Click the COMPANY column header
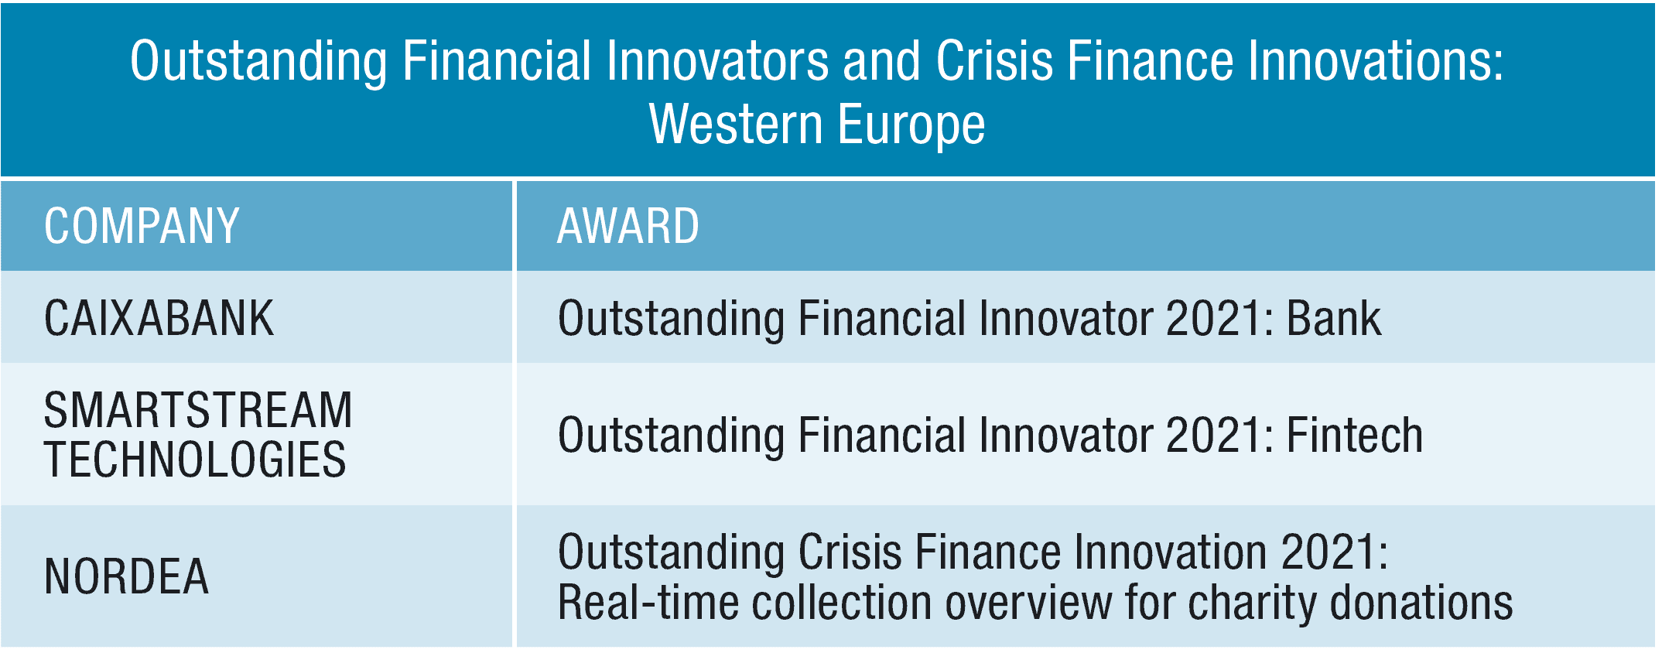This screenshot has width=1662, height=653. pyautogui.click(x=142, y=226)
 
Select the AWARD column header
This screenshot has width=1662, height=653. pyautogui.click(x=628, y=226)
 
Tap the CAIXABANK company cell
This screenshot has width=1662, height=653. pyautogui.click(x=159, y=318)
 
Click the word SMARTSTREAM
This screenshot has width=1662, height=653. pyautogui.click(x=198, y=410)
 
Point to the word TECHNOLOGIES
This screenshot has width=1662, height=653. pyautogui.click(x=195, y=460)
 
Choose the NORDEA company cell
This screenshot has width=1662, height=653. pyautogui.click(x=126, y=576)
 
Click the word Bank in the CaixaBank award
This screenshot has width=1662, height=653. pyautogui.click(x=1333, y=318)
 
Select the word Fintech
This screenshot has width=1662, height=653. pyautogui.click(x=1354, y=435)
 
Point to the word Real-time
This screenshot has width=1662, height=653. pyautogui.click(x=648, y=603)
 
